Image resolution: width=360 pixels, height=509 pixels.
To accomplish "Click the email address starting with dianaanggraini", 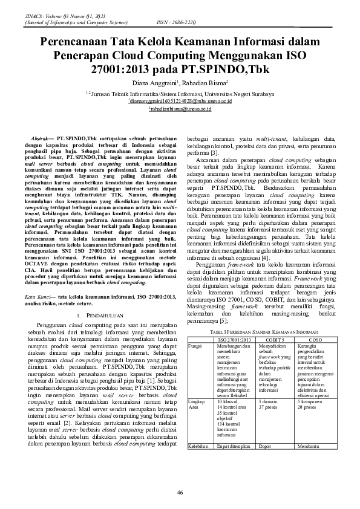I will click(180, 102).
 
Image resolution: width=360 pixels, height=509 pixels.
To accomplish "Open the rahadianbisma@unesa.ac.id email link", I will click(180, 109).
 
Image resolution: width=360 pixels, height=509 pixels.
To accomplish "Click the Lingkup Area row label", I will click(197, 404).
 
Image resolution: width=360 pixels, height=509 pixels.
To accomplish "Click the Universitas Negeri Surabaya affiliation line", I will click(180, 94).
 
